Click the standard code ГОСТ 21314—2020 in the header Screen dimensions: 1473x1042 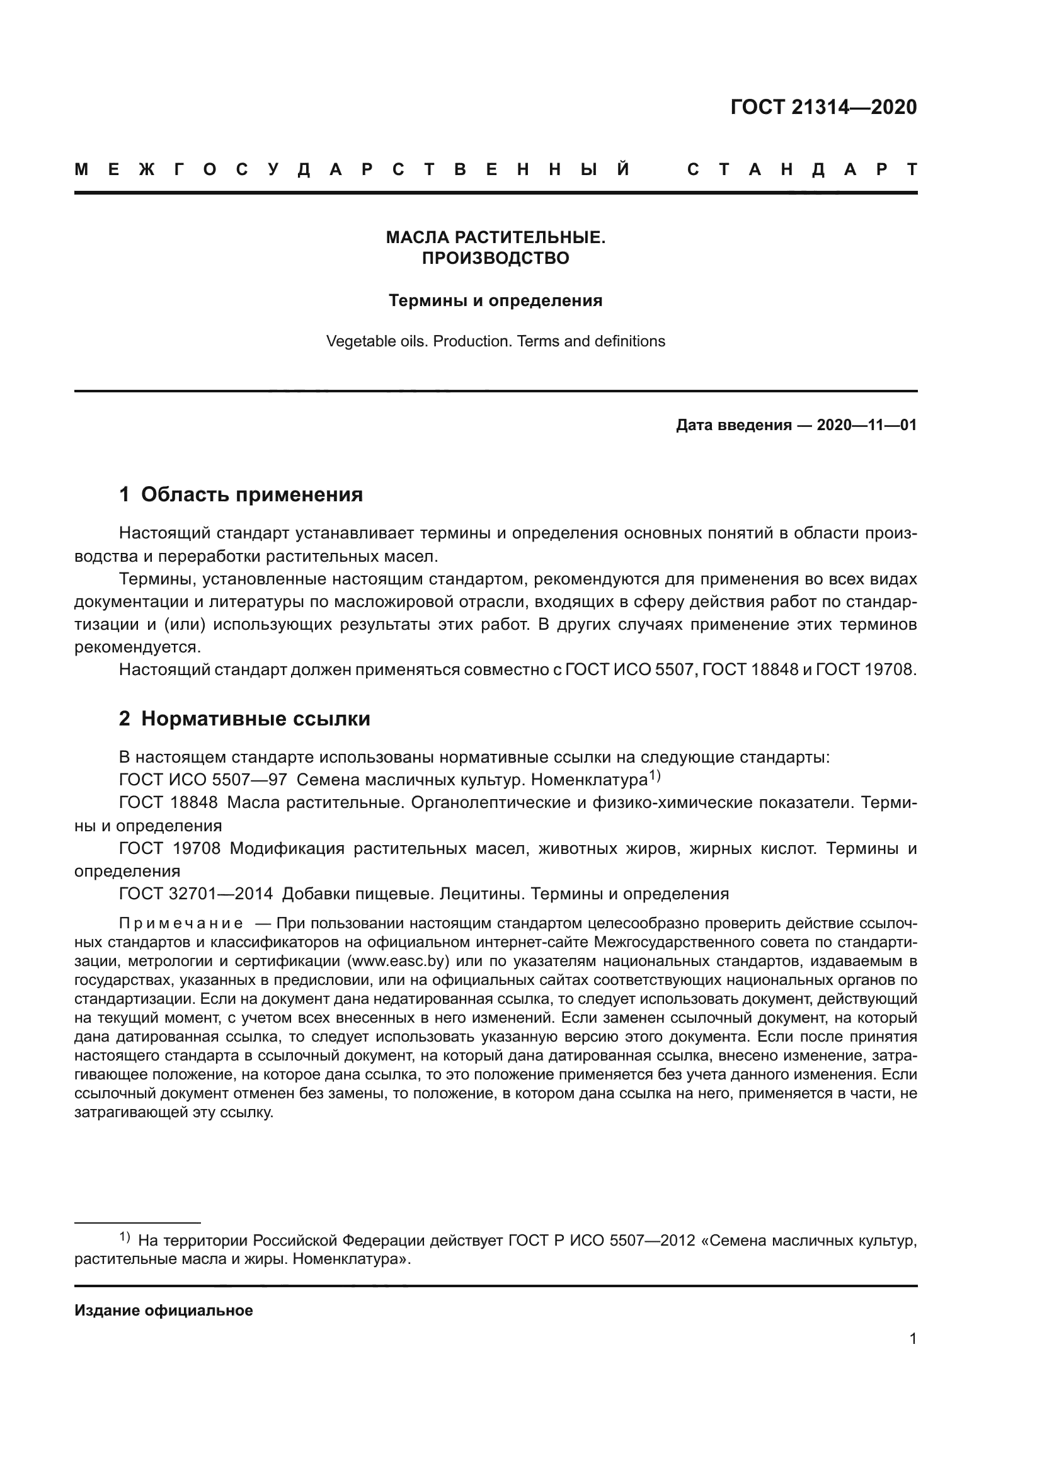[823, 107]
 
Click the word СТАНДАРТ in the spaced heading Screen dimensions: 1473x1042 [801, 170]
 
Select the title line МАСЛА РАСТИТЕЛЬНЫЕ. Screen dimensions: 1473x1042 [495, 237]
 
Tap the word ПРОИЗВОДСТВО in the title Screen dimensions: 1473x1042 [495, 258]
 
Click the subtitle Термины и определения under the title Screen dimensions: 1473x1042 [495, 300]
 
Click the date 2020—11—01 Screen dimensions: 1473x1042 [866, 425]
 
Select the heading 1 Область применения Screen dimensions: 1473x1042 [241, 494]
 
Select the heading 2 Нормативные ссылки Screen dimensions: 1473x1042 [244, 719]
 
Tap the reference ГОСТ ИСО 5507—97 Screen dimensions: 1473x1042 [203, 781]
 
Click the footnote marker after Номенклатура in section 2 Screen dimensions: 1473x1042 [654, 776]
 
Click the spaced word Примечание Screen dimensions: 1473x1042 [181, 924]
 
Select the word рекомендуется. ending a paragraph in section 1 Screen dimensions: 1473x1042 [138, 647]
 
